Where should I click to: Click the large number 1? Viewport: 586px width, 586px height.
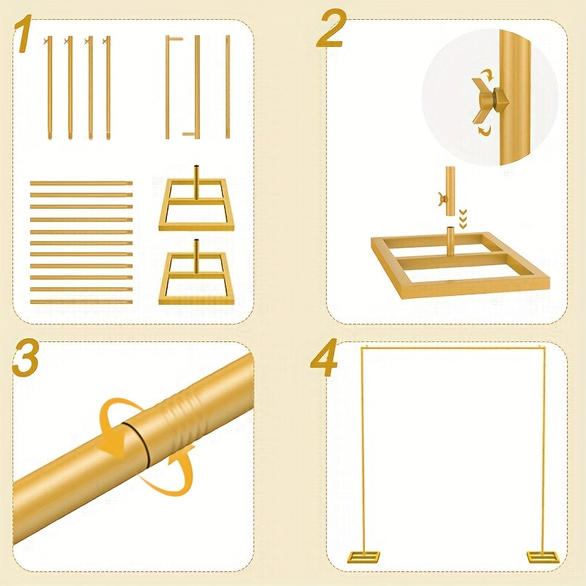pos(23,34)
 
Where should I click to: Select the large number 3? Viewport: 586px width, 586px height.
pos(26,357)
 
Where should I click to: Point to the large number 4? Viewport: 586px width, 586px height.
pos(324,357)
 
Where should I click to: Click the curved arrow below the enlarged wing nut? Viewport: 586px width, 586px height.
pos(484,130)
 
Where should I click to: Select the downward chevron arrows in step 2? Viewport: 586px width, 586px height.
pos(463,219)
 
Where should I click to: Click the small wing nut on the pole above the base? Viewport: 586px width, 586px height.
pos(443,200)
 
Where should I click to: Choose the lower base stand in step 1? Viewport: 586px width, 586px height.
pos(196,276)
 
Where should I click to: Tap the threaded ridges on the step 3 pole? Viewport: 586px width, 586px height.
pos(182,415)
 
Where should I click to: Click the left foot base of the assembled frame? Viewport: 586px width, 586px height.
pos(363,557)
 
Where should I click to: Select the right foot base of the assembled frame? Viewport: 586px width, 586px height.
pos(544,557)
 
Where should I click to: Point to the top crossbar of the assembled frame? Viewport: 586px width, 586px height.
pos(453,349)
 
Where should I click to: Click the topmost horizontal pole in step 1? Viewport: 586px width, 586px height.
pos(81,183)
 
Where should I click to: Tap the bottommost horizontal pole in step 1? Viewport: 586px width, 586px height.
pos(81,302)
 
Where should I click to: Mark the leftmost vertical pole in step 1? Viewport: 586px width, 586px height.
pos(49,88)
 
